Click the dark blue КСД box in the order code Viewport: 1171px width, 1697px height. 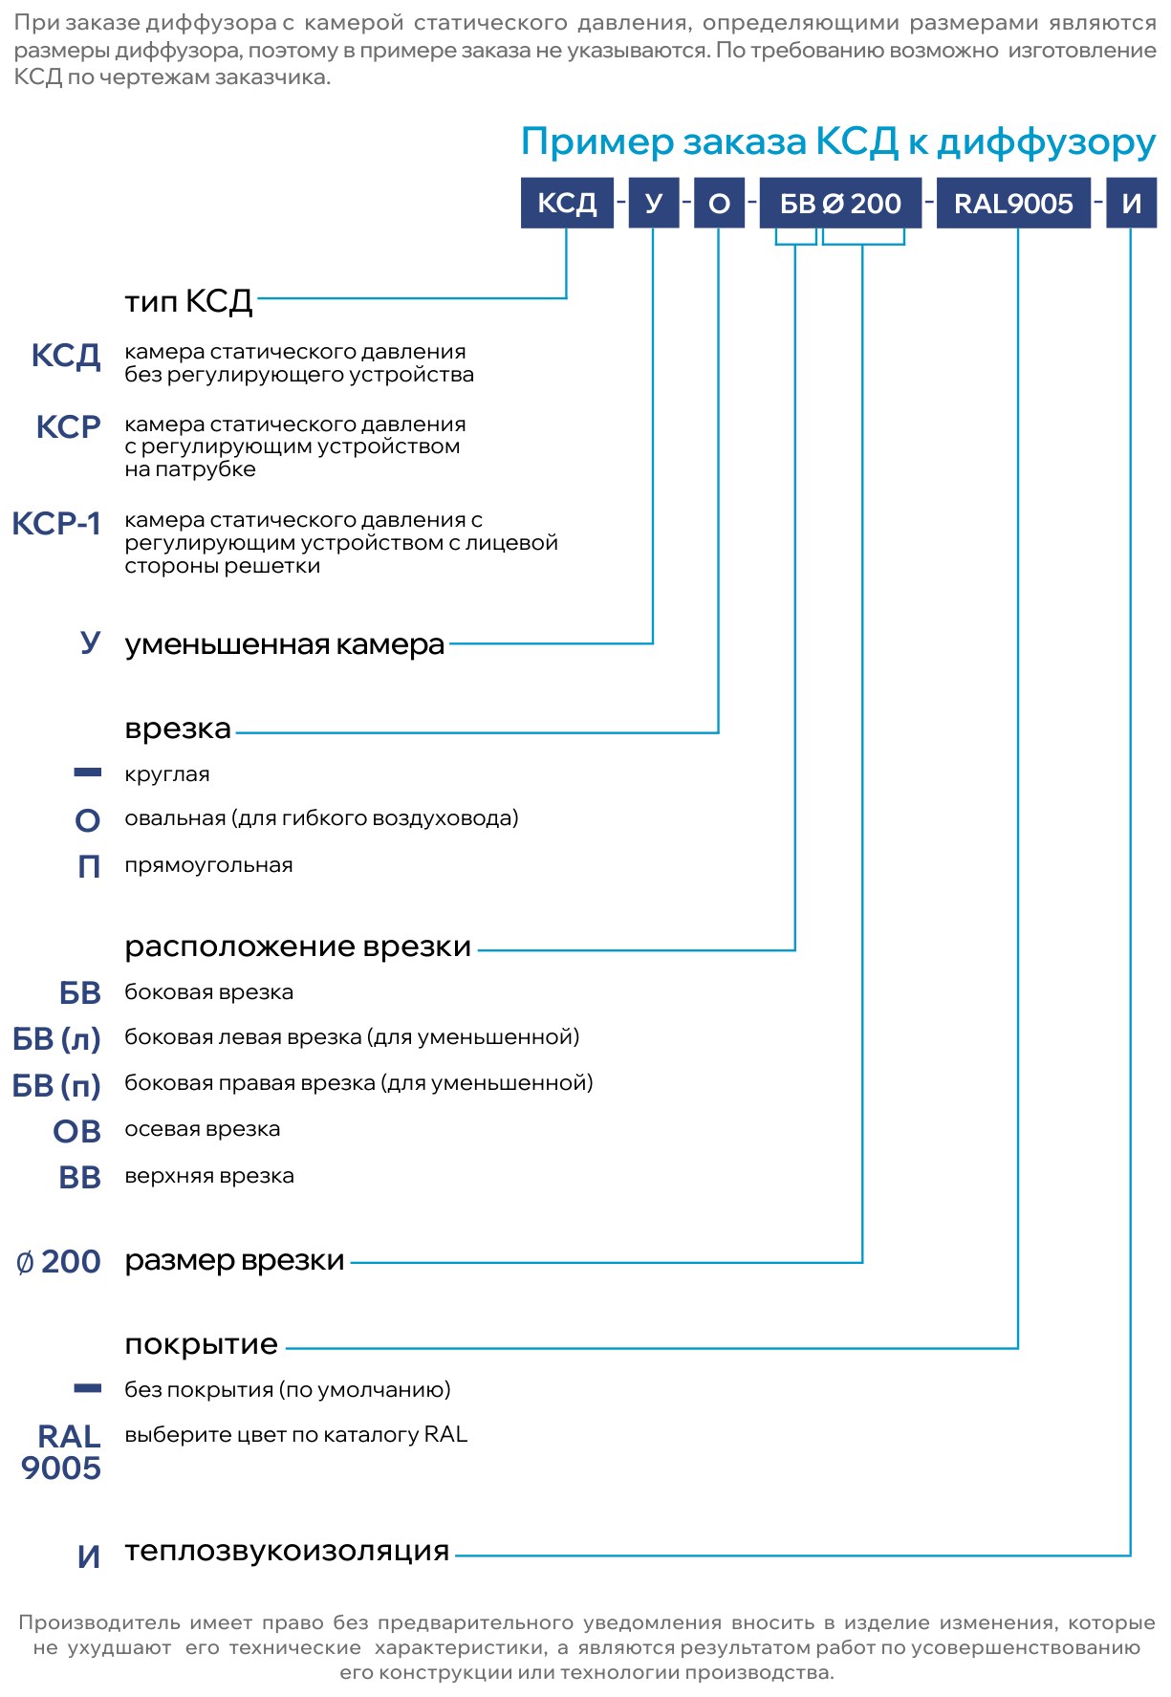(x=567, y=203)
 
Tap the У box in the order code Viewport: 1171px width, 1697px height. (x=654, y=203)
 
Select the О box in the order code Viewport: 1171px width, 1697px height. (x=719, y=203)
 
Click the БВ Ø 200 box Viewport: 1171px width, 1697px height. (x=840, y=203)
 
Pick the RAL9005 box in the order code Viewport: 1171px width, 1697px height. (x=1013, y=203)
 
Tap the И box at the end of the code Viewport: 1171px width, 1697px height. (x=1132, y=203)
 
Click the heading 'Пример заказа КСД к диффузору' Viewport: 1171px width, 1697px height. (x=838, y=142)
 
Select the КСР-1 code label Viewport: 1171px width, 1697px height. (x=56, y=523)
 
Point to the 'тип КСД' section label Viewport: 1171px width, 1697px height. (x=188, y=301)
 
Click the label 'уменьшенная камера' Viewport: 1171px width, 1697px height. (x=285, y=644)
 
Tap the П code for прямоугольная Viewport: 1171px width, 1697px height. (x=89, y=866)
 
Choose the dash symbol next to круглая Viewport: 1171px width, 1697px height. (x=88, y=772)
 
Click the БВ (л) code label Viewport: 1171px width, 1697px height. (x=56, y=1039)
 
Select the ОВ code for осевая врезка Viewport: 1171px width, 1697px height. (x=77, y=1131)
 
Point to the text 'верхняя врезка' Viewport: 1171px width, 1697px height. (x=209, y=1176)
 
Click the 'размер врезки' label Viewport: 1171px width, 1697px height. (x=234, y=1261)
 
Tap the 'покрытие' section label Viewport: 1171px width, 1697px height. (x=202, y=1345)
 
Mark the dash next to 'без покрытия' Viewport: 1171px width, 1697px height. (x=88, y=1387)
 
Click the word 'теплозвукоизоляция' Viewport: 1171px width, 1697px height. (x=287, y=1551)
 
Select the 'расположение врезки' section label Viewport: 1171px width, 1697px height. (x=298, y=946)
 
